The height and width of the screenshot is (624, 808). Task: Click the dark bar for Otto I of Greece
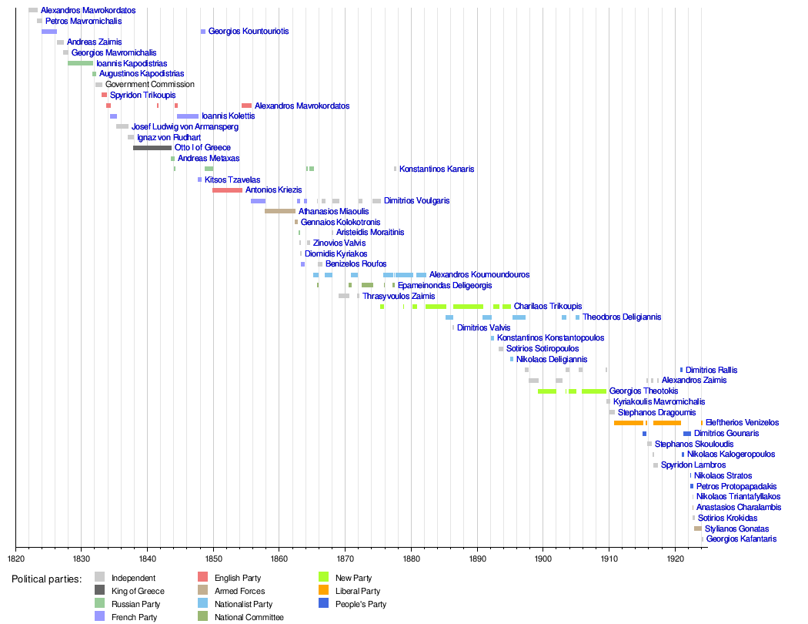(x=152, y=148)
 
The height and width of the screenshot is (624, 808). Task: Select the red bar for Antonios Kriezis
(x=227, y=190)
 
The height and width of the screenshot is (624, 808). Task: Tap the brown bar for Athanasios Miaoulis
(x=280, y=211)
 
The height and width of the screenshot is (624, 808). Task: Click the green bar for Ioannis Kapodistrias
(x=80, y=63)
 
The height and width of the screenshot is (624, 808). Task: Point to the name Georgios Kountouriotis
(x=249, y=32)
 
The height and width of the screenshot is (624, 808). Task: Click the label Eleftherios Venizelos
(x=742, y=423)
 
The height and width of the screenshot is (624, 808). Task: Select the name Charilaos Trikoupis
(x=548, y=307)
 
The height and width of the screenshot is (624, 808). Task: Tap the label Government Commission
(x=150, y=85)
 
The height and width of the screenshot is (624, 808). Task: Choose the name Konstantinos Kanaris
(x=436, y=169)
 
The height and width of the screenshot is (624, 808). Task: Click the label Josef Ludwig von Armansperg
(x=185, y=127)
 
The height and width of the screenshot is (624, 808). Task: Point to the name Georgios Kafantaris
(x=741, y=539)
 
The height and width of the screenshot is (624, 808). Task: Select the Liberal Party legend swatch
(x=324, y=591)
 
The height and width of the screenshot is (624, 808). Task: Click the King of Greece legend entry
(x=138, y=591)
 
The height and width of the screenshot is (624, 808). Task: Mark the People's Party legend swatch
(x=324, y=604)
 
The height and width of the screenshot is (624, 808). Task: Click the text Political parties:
(x=46, y=579)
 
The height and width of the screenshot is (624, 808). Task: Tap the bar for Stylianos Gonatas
(x=697, y=529)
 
